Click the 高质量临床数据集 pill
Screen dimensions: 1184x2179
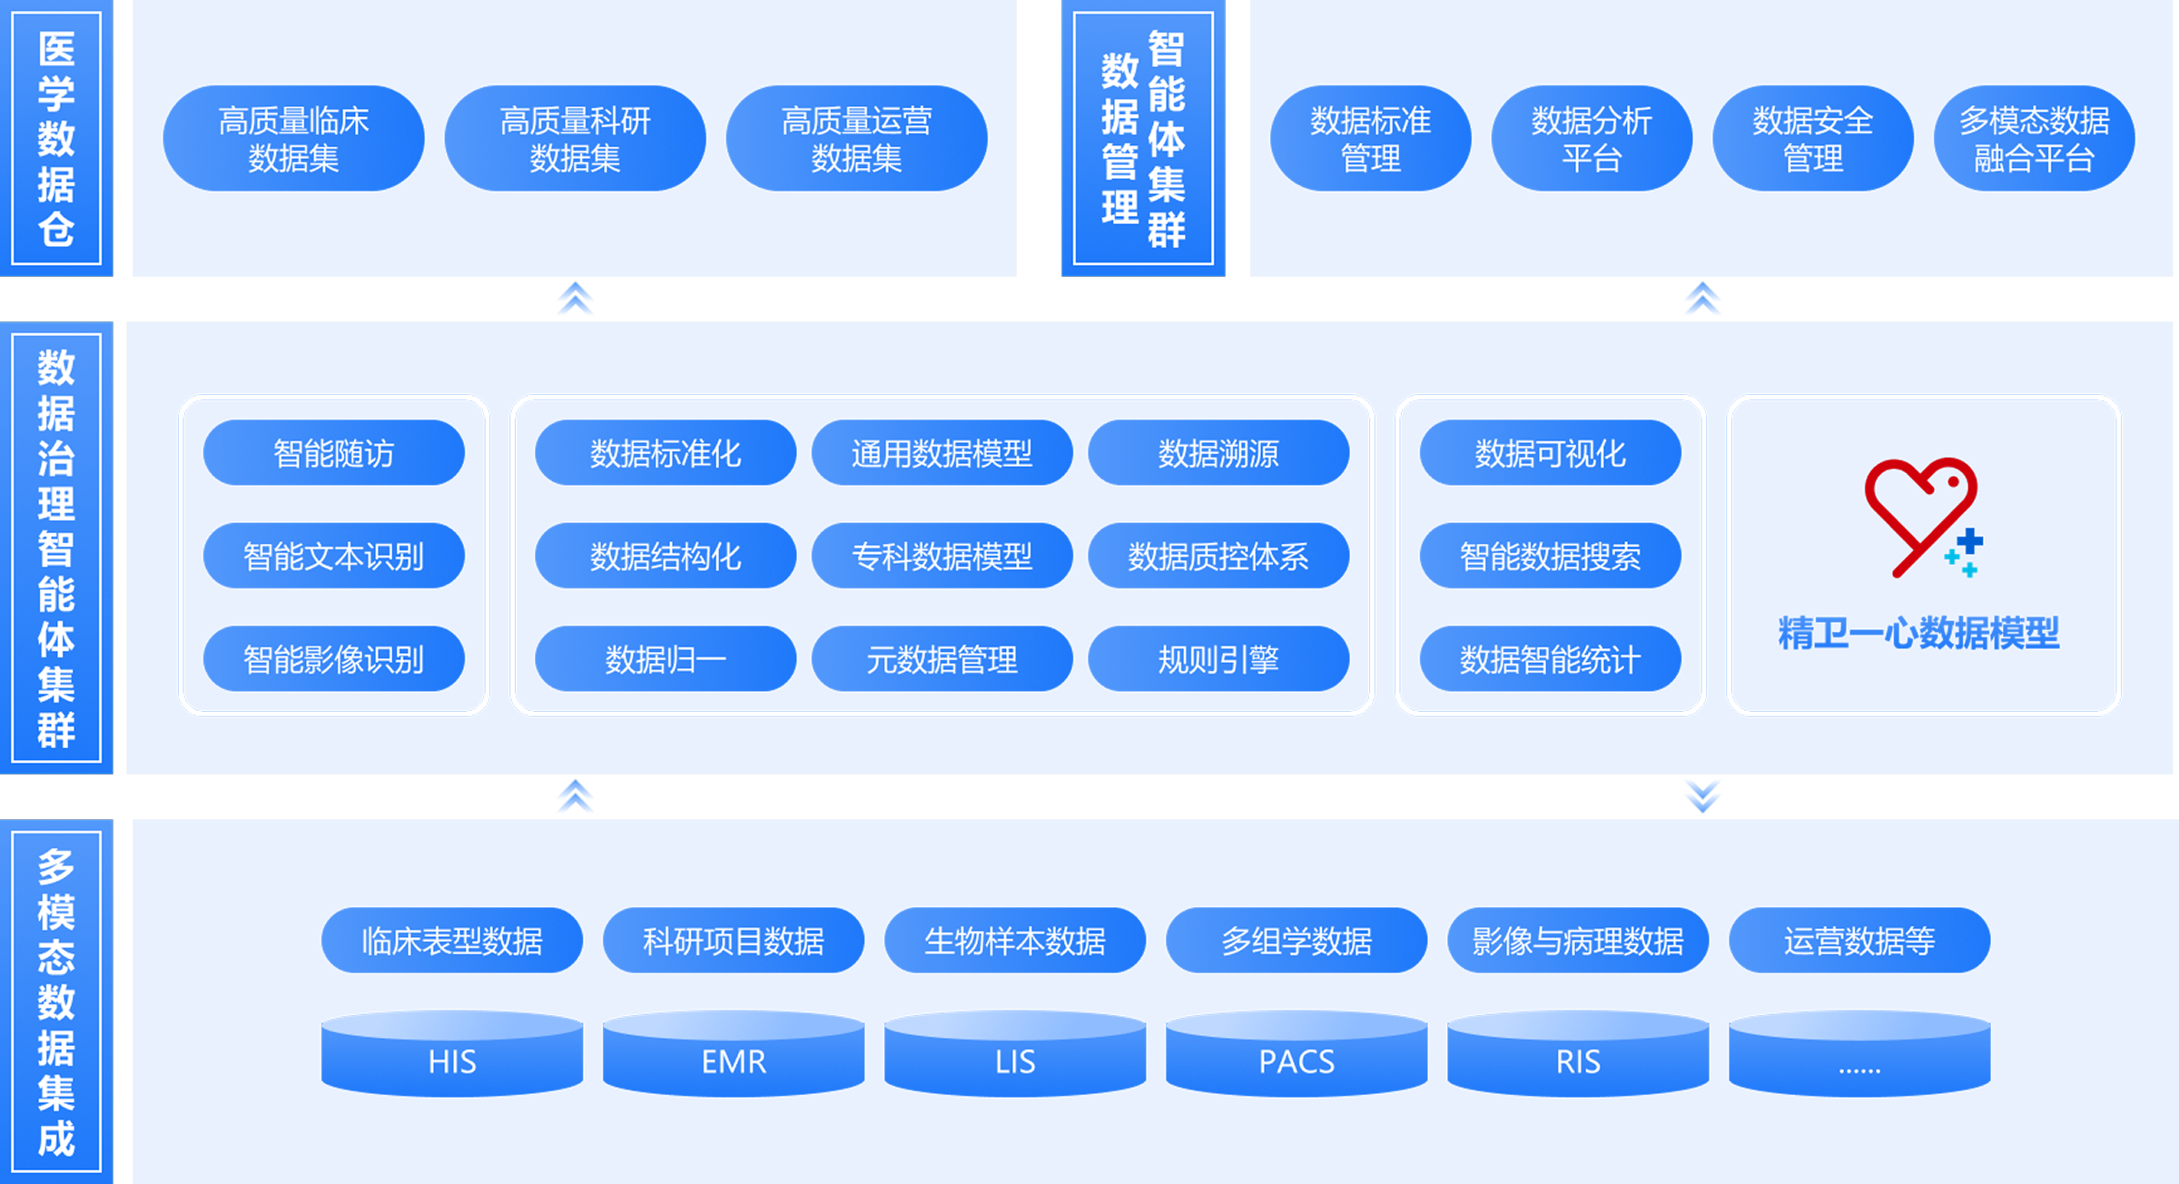tap(293, 139)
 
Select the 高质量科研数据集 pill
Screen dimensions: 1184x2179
tap(575, 139)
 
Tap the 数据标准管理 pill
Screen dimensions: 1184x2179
tap(1370, 139)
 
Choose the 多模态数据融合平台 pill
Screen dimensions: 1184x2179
tap(2034, 139)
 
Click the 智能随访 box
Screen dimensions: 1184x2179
tap(333, 453)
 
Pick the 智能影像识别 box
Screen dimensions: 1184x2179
tap(333, 659)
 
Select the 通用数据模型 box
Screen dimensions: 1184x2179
tap(942, 453)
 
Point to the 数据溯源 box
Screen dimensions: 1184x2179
tap(1218, 453)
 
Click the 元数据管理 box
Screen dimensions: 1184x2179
tap(942, 659)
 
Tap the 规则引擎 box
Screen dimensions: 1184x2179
tap(1218, 659)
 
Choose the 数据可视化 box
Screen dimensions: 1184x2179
tap(1550, 453)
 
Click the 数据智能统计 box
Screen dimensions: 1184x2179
tap(1550, 659)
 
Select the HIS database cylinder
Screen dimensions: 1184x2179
tap(452, 1053)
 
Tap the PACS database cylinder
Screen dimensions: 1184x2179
tap(1297, 1053)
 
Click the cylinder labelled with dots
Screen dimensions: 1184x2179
tap(1859, 1053)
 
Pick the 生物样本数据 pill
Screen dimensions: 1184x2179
tap(1015, 941)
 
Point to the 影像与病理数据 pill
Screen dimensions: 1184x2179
tap(1578, 941)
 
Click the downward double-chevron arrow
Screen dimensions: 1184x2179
tap(1702, 795)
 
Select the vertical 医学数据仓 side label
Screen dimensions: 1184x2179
tap(56, 138)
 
